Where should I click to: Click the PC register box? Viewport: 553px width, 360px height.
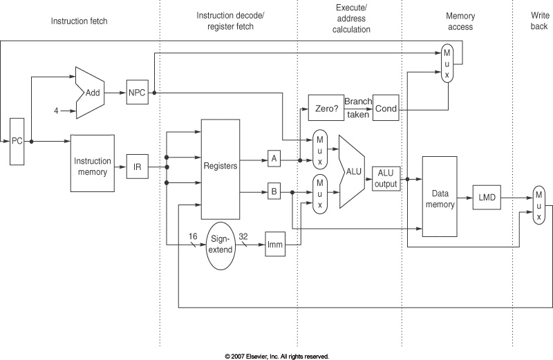[x=17, y=141]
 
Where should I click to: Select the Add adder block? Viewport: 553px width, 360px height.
[x=90, y=92]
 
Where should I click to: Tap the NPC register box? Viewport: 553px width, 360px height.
[x=137, y=92]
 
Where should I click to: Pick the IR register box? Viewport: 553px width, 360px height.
[x=137, y=167]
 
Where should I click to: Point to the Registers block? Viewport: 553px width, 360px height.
[x=219, y=167]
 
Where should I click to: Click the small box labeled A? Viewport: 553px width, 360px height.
[x=274, y=159]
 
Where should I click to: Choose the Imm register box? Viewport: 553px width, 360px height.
[x=274, y=245]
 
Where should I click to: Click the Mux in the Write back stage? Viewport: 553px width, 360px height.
[x=538, y=205]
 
